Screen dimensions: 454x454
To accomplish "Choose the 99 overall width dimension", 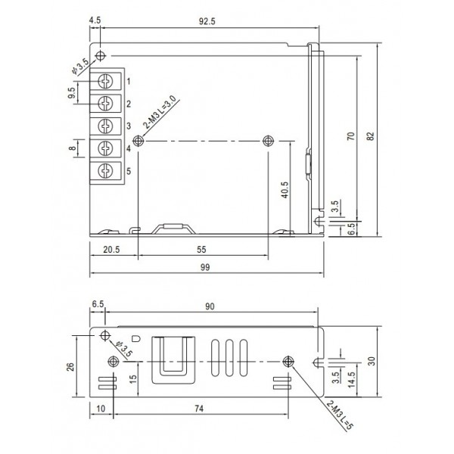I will tap(204, 268).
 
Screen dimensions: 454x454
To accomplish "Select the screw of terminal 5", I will tap(107, 170).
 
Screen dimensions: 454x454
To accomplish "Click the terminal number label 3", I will tap(129, 126).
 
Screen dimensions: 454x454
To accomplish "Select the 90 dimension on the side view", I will tap(210, 306).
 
